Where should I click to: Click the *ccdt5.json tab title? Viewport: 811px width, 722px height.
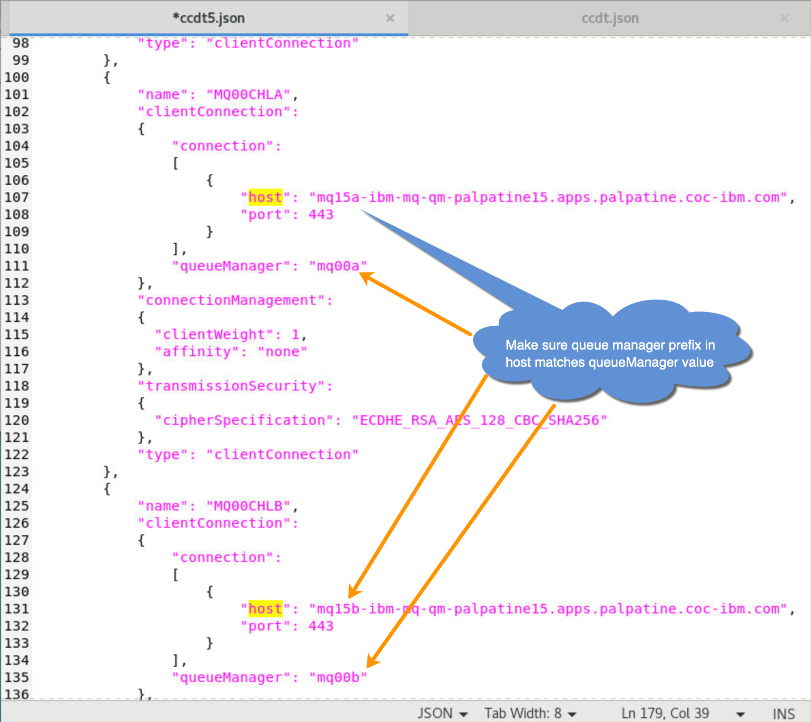(208, 18)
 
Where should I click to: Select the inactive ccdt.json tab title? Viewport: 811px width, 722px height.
(610, 18)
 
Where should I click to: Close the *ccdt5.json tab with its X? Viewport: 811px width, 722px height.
(390, 18)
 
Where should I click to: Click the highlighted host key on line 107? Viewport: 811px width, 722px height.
(266, 197)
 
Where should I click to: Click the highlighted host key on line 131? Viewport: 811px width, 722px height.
(266, 609)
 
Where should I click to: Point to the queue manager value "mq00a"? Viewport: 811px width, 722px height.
(338, 266)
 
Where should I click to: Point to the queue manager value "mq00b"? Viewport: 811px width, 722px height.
(338, 677)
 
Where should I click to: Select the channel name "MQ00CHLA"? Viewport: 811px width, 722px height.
(248, 94)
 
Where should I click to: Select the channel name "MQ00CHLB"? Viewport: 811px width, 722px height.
(248, 506)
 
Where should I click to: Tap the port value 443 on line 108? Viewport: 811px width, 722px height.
(321, 214)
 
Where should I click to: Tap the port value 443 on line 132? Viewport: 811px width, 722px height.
(321, 626)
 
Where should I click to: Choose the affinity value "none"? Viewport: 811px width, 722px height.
(282, 351)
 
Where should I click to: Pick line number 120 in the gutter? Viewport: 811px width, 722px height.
(17, 420)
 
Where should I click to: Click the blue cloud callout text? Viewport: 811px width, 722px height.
(610, 353)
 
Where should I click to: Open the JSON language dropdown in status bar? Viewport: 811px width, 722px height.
(442, 713)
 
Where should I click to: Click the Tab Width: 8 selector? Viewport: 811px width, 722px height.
(530, 713)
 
